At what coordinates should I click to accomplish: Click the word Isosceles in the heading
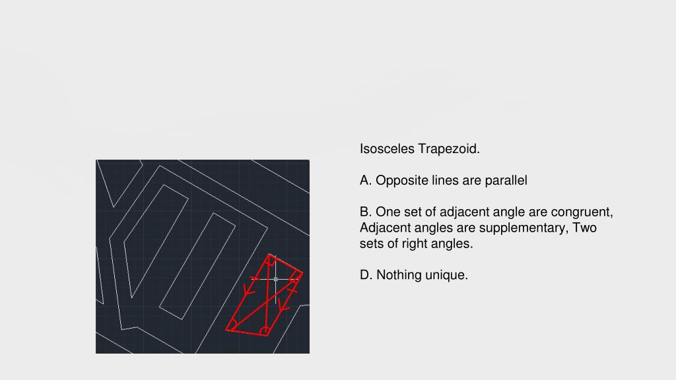pos(387,148)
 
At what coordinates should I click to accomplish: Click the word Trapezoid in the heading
pos(449,149)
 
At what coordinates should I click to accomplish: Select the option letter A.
pos(366,180)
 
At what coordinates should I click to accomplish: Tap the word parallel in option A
pos(506,181)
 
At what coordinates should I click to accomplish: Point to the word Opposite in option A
pos(401,181)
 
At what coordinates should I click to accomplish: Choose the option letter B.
pos(366,212)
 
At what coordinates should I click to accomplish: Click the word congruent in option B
pos(582,212)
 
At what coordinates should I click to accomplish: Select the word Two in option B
pos(584,228)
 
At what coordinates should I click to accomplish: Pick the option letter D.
pos(366,275)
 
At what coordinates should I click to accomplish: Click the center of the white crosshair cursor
pos(276,279)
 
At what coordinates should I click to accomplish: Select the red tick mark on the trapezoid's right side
pos(292,291)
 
